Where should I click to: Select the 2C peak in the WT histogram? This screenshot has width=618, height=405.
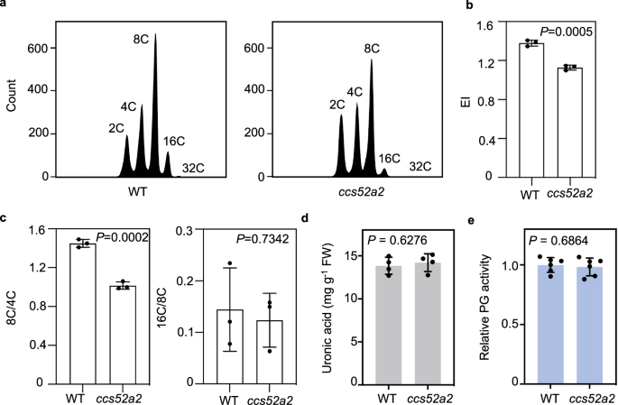tap(127, 158)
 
